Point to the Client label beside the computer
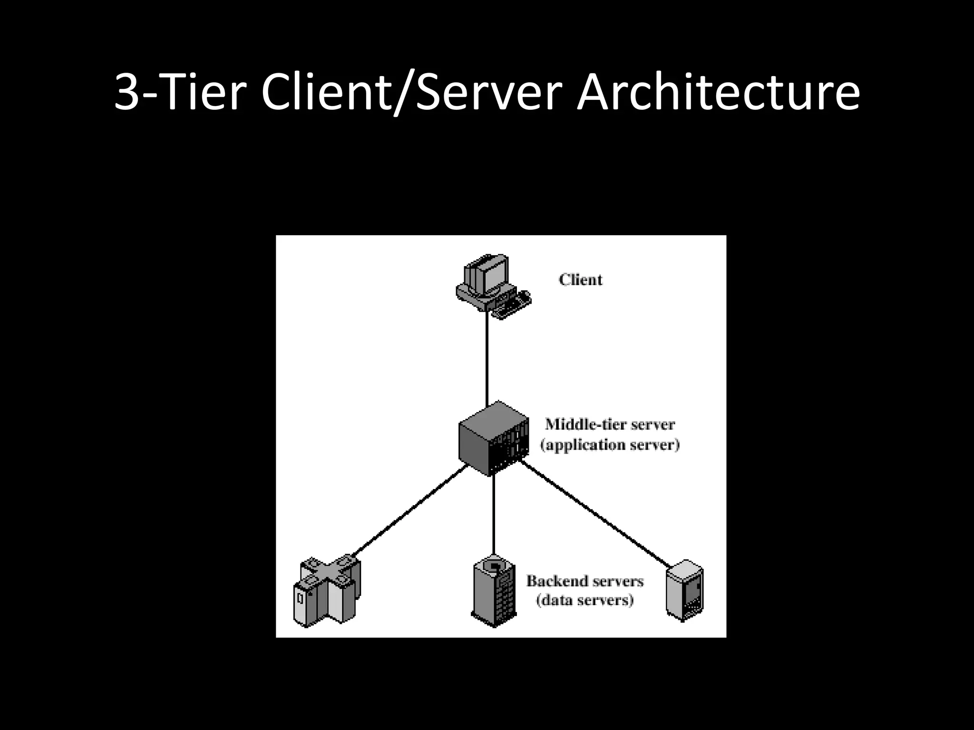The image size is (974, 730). (x=580, y=279)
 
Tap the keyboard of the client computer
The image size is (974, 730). (x=512, y=307)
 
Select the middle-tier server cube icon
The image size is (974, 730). (x=493, y=438)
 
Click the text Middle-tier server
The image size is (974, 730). (x=610, y=424)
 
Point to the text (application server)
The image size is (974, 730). (x=610, y=445)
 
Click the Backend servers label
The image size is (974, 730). (x=585, y=581)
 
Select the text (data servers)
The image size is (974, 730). (x=585, y=600)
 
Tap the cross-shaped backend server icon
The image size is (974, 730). (x=326, y=592)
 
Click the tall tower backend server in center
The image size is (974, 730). (x=494, y=592)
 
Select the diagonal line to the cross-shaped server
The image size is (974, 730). (x=409, y=511)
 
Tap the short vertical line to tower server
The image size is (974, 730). (x=494, y=516)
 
